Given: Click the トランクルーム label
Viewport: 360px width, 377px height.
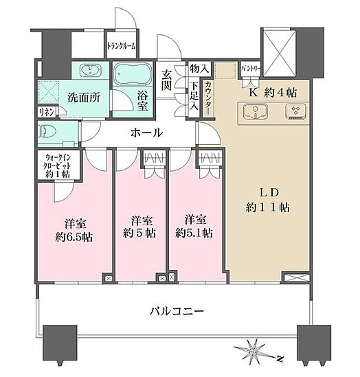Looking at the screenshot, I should (x=121, y=47).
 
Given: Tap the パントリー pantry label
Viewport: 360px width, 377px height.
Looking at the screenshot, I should (x=249, y=69).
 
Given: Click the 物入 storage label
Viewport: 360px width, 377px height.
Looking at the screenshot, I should (x=199, y=69).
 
